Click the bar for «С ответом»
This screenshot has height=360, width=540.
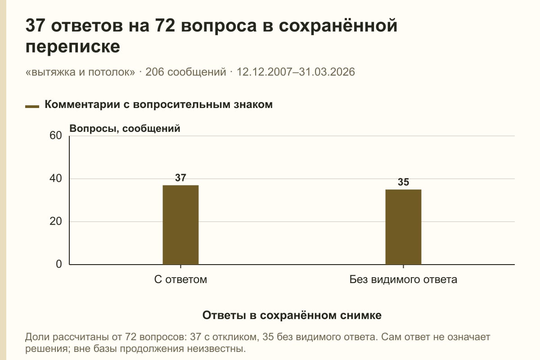click(180, 225)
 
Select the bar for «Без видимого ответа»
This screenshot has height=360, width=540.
click(403, 227)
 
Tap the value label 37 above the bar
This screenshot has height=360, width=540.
click(180, 178)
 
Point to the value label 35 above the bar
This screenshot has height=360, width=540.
click(403, 182)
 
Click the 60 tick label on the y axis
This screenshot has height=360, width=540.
click(56, 135)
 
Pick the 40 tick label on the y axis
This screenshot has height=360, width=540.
click(56, 179)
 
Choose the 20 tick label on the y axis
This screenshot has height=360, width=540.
click(56, 221)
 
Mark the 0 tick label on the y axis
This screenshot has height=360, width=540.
click(59, 264)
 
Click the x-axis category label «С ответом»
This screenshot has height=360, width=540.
click(180, 279)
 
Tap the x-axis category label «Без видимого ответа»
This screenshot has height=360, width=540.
click(403, 279)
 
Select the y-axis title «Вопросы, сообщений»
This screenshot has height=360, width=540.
click(125, 129)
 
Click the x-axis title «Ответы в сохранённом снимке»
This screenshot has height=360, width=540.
click(292, 315)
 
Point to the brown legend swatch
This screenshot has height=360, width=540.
click(32, 107)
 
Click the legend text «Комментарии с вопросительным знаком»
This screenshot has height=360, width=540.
click(158, 105)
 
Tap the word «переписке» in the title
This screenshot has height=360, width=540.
click(72, 46)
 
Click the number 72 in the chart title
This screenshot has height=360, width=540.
click(165, 26)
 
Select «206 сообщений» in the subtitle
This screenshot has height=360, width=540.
click(185, 72)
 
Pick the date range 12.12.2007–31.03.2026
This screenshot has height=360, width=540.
click(296, 72)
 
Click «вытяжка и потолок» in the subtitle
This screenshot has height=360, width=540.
click(80, 72)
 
